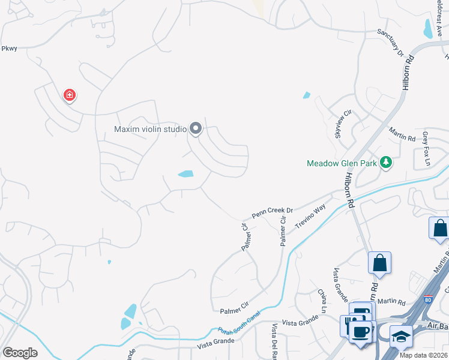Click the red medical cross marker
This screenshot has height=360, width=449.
click(x=70, y=95)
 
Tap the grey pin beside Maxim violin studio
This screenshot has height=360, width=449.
click(x=196, y=128)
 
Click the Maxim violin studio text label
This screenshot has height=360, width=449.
click(x=150, y=129)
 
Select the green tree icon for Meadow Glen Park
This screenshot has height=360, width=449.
click(x=386, y=163)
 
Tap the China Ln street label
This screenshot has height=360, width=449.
click(x=323, y=299)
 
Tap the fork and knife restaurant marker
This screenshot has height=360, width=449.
click(x=349, y=325)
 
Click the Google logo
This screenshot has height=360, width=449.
click(x=20, y=353)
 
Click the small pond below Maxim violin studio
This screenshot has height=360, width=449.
click(x=185, y=174)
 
